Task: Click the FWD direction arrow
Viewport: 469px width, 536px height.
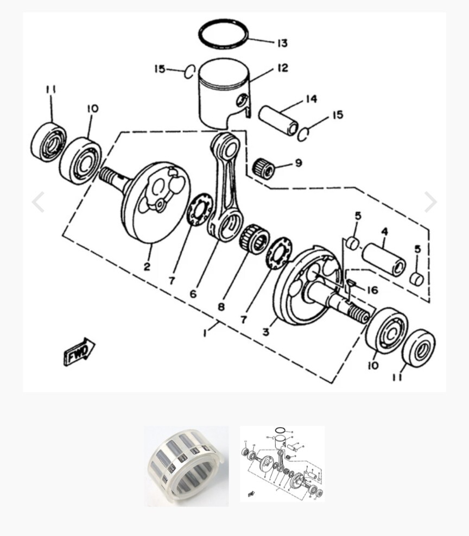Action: pyautogui.click(x=80, y=352)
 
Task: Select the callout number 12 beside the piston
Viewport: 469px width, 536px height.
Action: pyautogui.click(x=282, y=68)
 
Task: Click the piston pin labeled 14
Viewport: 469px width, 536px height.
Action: pyautogui.click(x=278, y=121)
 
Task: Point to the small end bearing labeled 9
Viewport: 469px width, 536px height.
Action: pyautogui.click(x=265, y=167)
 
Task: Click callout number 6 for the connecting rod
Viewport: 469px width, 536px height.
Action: pyautogui.click(x=193, y=294)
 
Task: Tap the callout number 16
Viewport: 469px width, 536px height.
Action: pyautogui.click(x=372, y=290)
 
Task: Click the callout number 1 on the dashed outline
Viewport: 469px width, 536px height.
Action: pyautogui.click(x=205, y=332)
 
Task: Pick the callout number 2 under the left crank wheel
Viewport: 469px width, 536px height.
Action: pyautogui.click(x=147, y=266)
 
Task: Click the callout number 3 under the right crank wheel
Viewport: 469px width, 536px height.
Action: pyautogui.click(x=266, y=331)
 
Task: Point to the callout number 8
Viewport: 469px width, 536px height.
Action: pyautogui.click(x=221, y=307)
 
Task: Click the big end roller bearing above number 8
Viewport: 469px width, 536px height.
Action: pyautogui.click(x=255, y=239)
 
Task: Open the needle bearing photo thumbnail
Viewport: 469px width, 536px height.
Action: pyautogui.click(x=187, y=465)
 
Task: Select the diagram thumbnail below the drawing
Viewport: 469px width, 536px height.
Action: pyautogui.click(x=282, y=464)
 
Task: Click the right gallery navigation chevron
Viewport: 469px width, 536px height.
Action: pyautogui.click(x=431, y=202)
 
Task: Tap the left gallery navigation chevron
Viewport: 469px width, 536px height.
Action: pyautogui.click(x=38, y=202)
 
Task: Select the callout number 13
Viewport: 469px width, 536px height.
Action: pyautogui.click(x=282, y=43)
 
